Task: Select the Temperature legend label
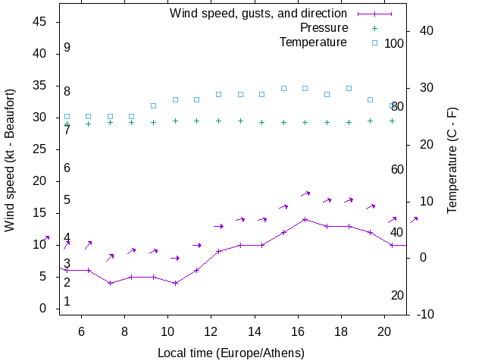click(313, 42)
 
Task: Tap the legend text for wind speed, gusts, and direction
click(258, 14)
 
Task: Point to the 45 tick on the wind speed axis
click(40, 22)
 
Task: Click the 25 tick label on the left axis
click(40, 149)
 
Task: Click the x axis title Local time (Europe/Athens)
click(231, 353)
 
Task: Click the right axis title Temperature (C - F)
click(452, 161)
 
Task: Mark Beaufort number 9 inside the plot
click(67, 48)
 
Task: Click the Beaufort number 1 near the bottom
click(67, 302)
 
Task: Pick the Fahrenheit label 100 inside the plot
click(394, 43)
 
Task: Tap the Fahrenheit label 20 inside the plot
click(397, 295)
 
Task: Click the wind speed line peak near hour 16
click(305, 219)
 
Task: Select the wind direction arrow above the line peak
click(305, 194)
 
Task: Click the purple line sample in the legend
click(374, 14)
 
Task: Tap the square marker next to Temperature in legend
click(374, 42)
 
